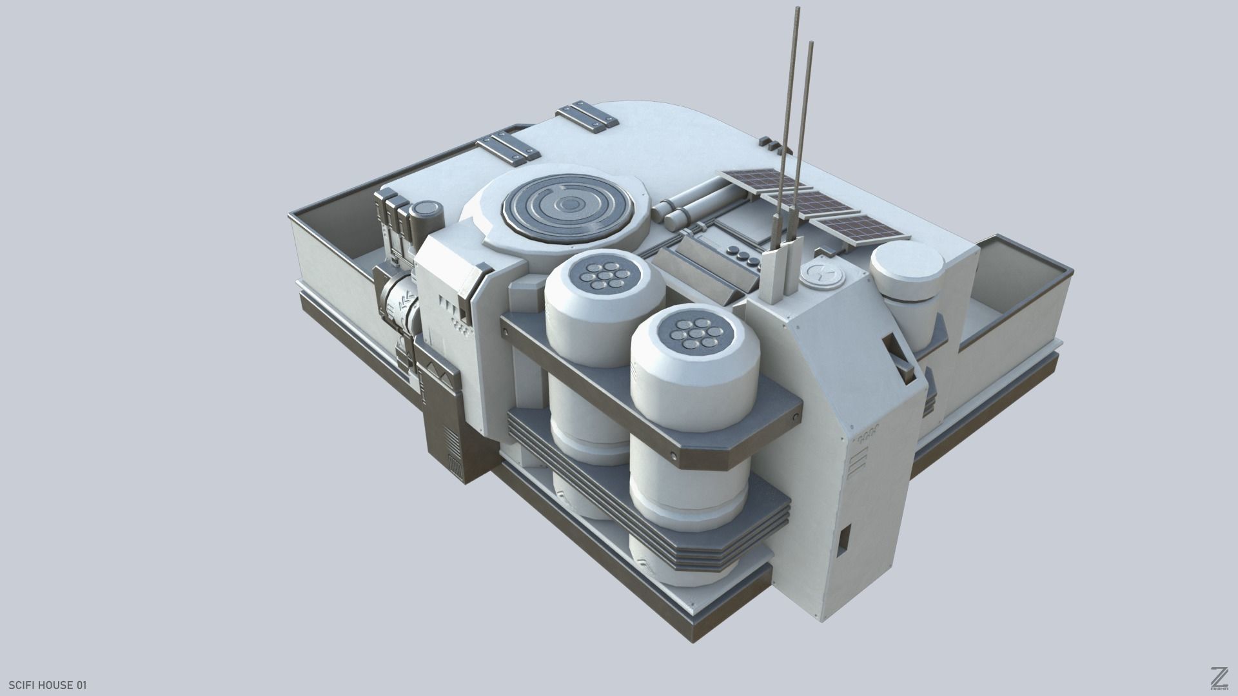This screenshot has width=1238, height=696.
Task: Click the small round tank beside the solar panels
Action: click(x=905, y=270)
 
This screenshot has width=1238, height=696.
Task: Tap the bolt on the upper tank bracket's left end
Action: click(x=505, y=331)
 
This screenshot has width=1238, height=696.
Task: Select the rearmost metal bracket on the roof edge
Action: click(x=588, y=116)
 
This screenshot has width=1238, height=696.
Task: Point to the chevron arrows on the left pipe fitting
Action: click(x=406, y=302)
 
